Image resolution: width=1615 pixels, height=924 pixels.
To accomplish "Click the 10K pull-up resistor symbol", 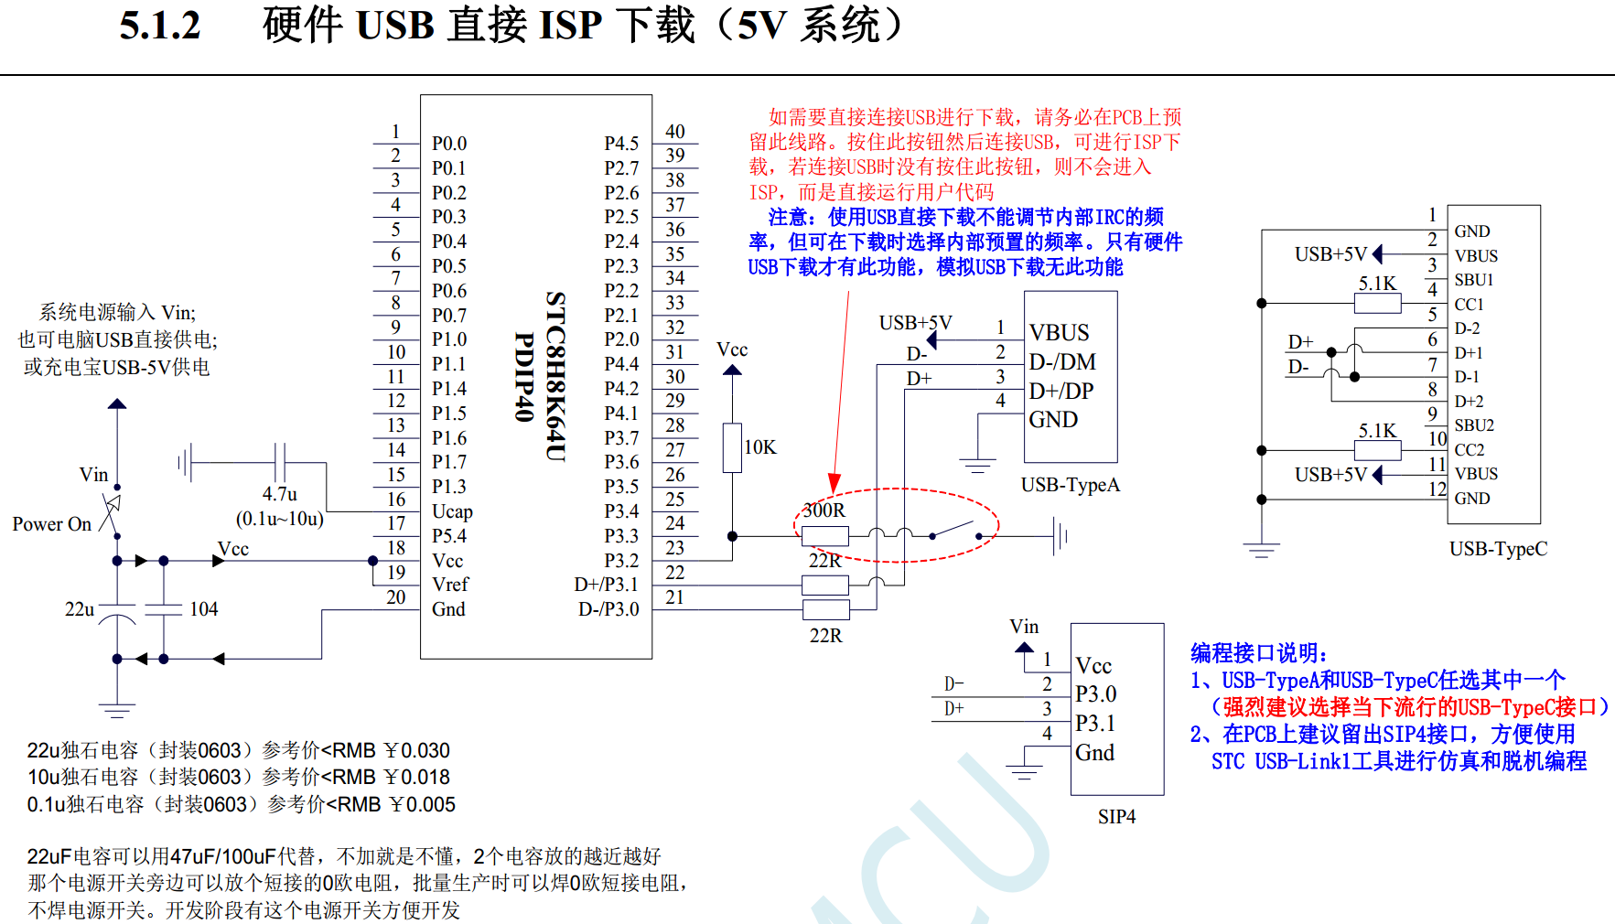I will pyautogui.click(x=732, y=447).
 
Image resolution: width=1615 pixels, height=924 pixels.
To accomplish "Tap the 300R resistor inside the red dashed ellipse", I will pyautogui.click(x=824, y=535).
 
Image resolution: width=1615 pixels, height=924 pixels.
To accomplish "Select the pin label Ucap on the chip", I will pyautogui.click(x=452, y=511).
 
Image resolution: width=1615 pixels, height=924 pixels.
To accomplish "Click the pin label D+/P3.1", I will pyautogui.click(x=607, y=585).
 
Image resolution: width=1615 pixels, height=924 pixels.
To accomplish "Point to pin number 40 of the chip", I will pyautogui.click(x=675, y=132).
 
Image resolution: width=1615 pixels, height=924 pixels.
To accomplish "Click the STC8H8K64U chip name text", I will pyautogui.click(x=555, y=376).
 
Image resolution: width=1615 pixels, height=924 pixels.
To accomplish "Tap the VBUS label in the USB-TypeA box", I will pyautogui.click(x=1059, y=332).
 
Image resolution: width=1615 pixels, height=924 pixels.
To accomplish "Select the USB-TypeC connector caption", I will pyautogui.click(x=1498, y=549).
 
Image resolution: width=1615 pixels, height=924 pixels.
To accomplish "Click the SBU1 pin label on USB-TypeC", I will pyautogui.click(x=1473, y=280).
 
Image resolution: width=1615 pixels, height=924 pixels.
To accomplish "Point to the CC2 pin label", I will pyautogui.click(x=1469, y=450).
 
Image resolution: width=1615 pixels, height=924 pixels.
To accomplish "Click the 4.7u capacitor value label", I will pyautogui.click(x=279, y=494).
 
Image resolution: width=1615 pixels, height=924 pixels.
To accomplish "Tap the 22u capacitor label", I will pyautogui.click(x=80, y=609).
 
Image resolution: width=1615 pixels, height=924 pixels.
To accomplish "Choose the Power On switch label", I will pyautogui.click(x=52, y=524).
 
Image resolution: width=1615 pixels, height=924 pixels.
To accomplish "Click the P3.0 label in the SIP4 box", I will pyautogui.click(x=1095, y=694).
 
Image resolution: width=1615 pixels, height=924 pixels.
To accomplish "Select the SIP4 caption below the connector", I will pyautogui.click(x=1116, y=817).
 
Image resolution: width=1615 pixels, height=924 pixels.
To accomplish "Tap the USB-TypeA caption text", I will pyautogui.click(x=1070, y=485).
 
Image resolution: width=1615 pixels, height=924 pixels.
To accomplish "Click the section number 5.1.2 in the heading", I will pyautogui.click(x=160, y=26).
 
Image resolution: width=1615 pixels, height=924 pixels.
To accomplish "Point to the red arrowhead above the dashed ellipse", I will pyautogui.click(x=834, y=483).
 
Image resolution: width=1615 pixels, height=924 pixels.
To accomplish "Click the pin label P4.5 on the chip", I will pyautogui.click(x=621, y=144).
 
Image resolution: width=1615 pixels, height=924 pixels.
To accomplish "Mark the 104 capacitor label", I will pyautogui.click(x=203, y=609).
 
